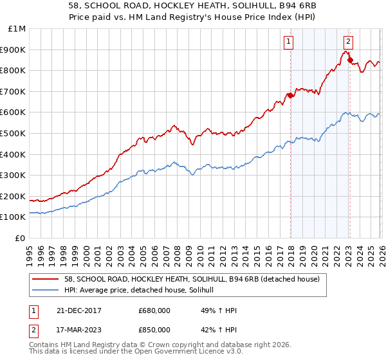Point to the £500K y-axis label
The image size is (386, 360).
(14, 133)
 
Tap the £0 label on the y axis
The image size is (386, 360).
(21, 238)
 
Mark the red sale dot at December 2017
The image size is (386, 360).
(290, 96)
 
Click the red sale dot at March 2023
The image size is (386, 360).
(350, 60)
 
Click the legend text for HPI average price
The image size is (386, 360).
(143, 291)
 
